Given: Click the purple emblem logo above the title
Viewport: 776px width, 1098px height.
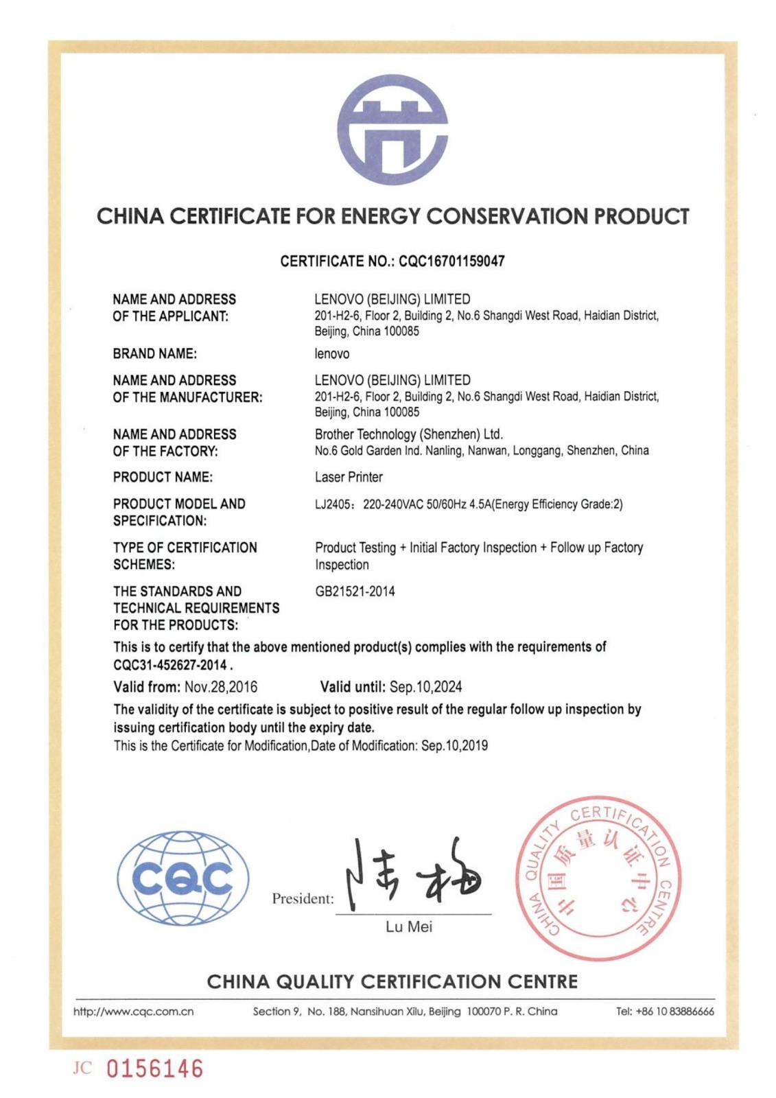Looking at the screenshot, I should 392,130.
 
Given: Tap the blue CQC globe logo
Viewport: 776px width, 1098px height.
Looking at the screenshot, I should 183,878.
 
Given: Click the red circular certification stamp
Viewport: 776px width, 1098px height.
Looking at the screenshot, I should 598,878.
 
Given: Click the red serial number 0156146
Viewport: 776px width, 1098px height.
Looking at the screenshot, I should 154,1068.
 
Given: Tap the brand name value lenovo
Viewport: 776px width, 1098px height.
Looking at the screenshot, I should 332,354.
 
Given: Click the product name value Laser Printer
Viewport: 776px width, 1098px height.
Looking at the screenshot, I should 349,477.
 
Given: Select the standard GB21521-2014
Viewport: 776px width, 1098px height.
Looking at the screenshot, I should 355,592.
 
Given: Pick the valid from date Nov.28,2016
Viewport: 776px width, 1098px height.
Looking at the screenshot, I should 221,687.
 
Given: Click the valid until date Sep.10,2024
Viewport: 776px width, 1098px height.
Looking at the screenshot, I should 425,687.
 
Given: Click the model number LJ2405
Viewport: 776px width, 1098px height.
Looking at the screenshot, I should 332,504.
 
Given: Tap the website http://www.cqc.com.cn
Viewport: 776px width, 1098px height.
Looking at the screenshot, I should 134,1012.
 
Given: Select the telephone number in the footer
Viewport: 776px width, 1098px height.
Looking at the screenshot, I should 665,1012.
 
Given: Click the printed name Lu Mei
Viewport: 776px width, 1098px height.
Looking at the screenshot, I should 409,927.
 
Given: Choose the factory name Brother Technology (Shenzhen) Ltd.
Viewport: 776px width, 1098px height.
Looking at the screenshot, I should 409,434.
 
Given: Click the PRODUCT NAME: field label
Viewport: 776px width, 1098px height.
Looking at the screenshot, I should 163,477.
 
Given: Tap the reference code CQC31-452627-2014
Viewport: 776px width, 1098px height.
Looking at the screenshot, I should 169,665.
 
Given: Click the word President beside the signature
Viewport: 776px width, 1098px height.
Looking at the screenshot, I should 302,899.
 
